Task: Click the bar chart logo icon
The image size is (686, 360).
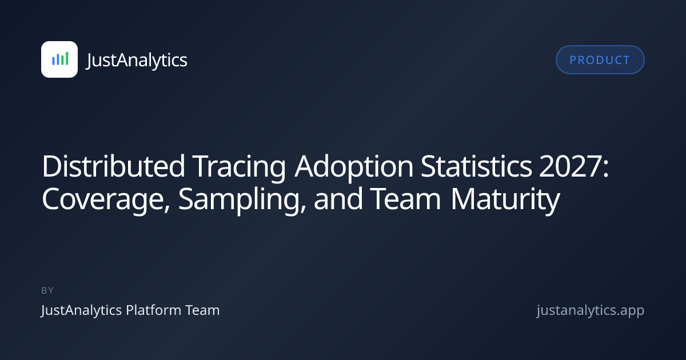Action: point(59,59)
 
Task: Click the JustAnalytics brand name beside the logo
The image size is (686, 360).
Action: point(137,60)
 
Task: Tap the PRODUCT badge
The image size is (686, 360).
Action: point(600,59)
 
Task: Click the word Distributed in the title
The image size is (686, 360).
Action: point(113,166)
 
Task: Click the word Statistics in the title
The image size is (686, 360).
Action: point(476,166)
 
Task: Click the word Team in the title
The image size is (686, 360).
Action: point(405,199)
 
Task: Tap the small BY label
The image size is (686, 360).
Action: point(47,290)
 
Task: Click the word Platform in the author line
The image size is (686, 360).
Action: point(154,310)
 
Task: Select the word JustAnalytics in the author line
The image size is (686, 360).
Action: point(81,311)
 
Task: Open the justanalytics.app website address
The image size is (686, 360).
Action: point(591,311)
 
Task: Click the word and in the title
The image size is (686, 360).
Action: point(338,199)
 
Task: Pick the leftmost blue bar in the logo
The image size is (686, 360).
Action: point(53,61)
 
